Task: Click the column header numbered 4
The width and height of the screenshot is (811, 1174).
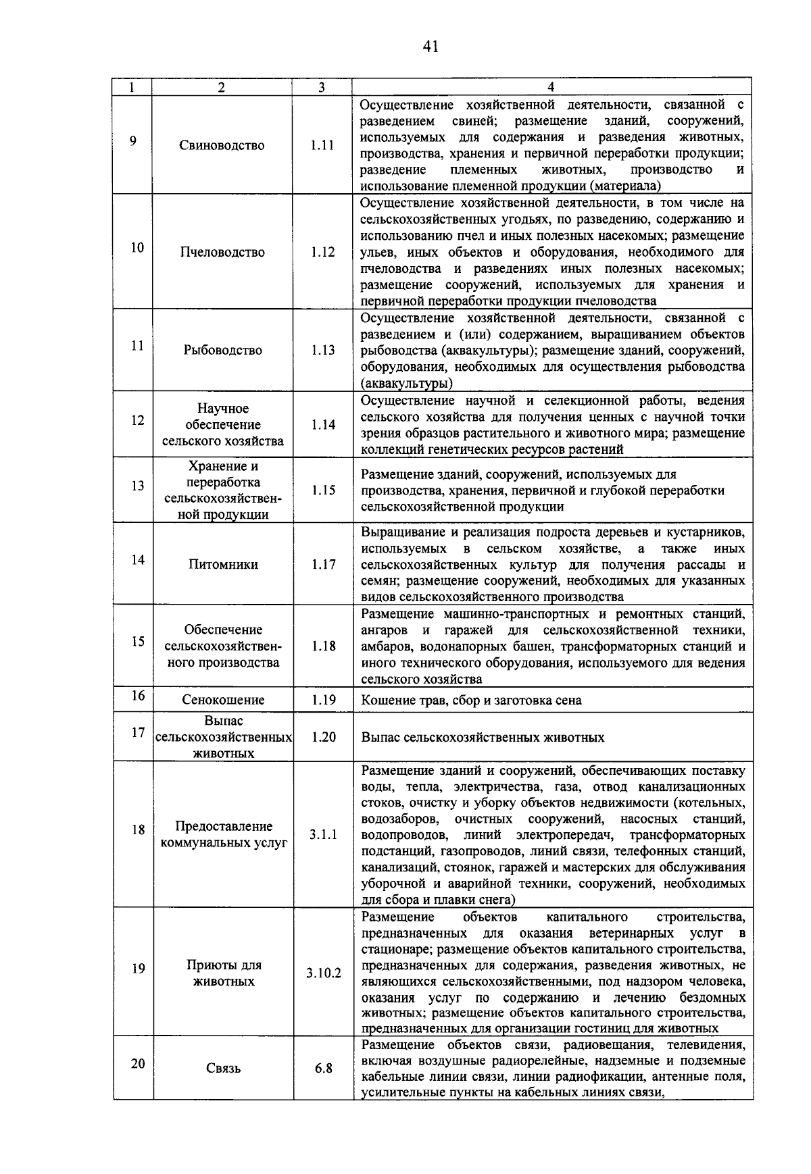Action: [551, 86]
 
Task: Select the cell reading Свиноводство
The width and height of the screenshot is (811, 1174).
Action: [222, 145]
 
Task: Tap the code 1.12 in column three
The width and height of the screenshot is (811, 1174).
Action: [322, 252]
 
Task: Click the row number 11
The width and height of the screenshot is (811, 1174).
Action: [137, 346]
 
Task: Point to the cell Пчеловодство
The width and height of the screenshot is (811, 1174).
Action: [222, 252]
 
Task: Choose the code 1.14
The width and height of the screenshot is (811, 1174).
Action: [323, 425]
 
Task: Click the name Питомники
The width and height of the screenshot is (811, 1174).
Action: [223, 564]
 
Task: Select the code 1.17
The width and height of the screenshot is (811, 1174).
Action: [323, 564]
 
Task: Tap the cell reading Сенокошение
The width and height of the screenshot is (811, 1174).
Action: [223, 700]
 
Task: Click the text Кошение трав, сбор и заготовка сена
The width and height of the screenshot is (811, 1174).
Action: [471, 700]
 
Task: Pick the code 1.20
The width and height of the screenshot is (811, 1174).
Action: [323, 737]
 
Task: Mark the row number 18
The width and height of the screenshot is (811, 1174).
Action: [138, 830]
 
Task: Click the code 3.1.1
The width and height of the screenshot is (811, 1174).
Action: [323, 835]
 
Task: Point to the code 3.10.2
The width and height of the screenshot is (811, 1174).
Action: [323, 973]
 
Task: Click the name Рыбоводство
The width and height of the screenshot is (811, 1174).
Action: [222, 350]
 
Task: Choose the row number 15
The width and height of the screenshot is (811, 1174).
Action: [138, 641]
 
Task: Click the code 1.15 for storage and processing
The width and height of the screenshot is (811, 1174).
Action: [323, 490]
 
